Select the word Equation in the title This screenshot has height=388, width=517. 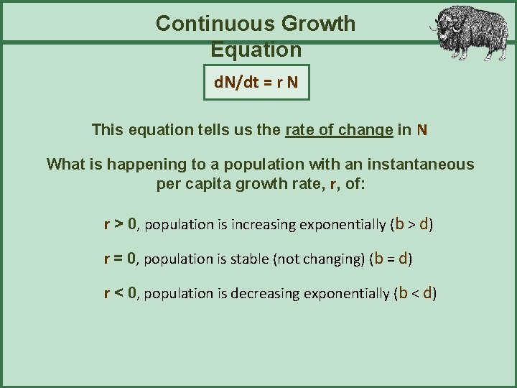[x=256, y=50]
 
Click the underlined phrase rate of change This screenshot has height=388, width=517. [x=339, y=130]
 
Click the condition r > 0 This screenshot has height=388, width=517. [x=120, y=223]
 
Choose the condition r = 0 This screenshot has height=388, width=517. [x=120, y=258]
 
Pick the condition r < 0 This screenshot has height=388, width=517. [x=120, y=292]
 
